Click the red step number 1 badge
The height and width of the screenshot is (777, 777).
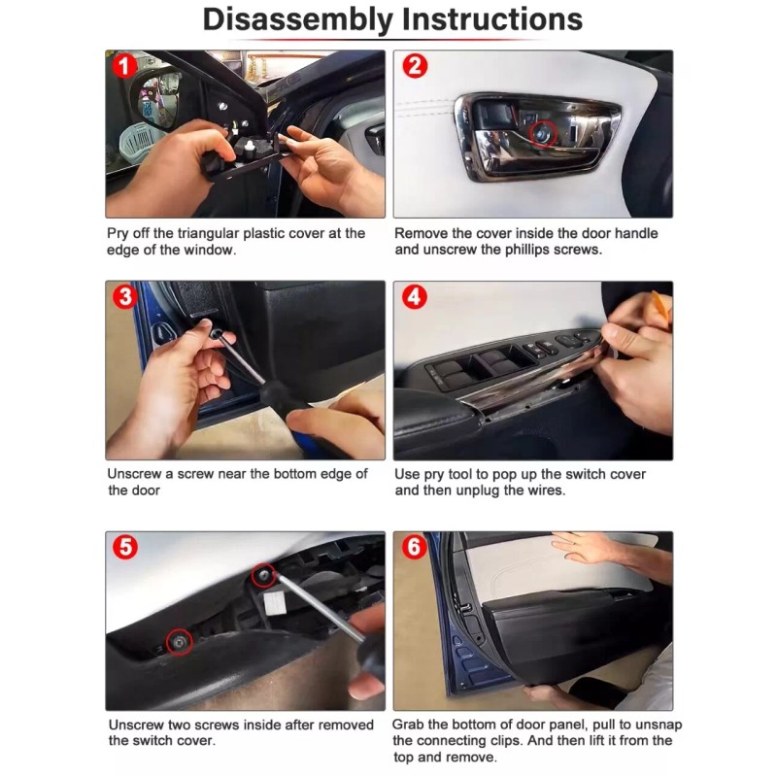tap(123, 67)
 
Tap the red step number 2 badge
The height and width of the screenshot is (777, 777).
tap(415, 67)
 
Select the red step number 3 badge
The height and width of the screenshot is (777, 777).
tap(124, 297)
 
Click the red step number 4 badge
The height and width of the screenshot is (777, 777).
tap(415, 297)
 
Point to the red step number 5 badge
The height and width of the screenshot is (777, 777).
tap(124, 547)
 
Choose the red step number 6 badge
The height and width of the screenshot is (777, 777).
tap(415, 548)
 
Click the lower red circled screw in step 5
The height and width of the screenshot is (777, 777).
tap(179, 640)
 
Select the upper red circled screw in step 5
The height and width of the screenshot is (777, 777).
tap(262, 575)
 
